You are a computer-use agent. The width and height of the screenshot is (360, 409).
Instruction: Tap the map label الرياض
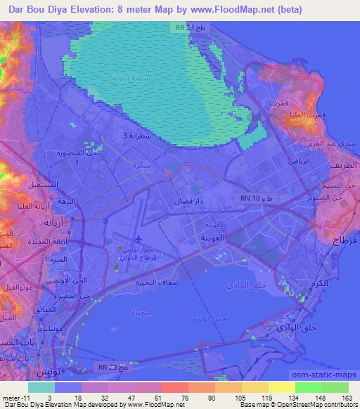click(x=277, y=160)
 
